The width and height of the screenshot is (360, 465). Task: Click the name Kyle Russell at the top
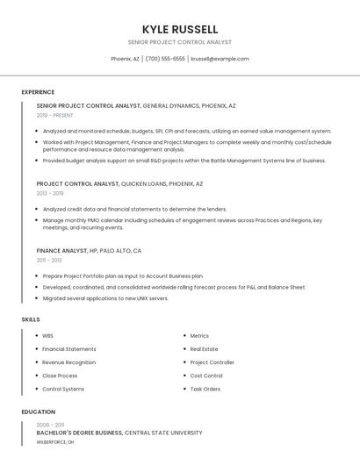coord(179,30)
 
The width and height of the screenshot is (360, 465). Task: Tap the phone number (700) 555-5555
coord(165,59)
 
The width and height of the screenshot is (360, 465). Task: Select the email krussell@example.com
coord(220,59)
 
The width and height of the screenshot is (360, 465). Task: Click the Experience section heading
coord(38,92)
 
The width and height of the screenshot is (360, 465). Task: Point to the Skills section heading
coord(31,319)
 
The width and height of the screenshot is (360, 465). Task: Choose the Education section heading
coord(39,411)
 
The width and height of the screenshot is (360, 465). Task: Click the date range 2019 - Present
coord(55,115)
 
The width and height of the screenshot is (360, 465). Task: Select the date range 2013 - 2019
coord(50,193)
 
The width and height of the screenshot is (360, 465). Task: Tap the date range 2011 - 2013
coord(49,260)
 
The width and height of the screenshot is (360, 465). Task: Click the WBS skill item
coord(47,336)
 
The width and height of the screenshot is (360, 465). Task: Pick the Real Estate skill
coord(204,349)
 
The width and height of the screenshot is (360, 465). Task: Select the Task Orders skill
coord(205,389)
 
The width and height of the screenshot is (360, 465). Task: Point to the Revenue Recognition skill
coord(68,362)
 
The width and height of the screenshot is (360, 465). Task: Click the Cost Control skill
coord(206,376)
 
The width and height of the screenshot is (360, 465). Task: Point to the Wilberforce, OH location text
coord(55,443)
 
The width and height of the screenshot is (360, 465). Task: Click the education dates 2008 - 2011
coord(50,424)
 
